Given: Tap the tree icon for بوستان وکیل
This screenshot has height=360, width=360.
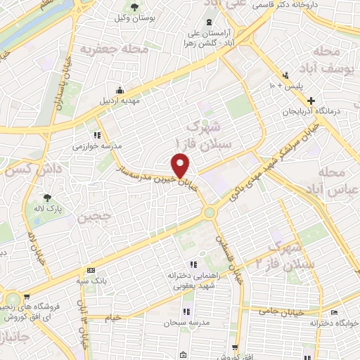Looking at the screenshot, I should pyautogui.click(x=134, y=7).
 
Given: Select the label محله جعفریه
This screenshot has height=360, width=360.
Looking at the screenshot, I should pyautogui.click(x=107, y=50).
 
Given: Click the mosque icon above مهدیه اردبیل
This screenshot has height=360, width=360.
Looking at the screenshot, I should pyautogui.click(x=120, y=89).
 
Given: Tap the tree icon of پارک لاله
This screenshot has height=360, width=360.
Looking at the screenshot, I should pyautogui.click(x=47, y=179).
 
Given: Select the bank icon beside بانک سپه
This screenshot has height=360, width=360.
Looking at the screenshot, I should pyautogui.click(x=91, y=270).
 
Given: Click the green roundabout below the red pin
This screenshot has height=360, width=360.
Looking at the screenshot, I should pyautogui.click(x=209, y=212).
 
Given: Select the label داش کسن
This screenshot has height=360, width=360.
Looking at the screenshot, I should pyautogui.click(x=34, y=169).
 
